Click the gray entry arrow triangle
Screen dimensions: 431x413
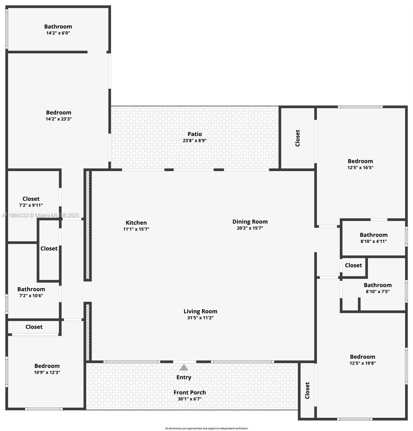point(184,368)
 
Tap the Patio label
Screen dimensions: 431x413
point(195,134)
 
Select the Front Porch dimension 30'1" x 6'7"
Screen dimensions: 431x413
point(190,399)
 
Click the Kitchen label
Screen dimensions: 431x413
point(136,223)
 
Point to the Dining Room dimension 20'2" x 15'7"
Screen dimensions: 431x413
point(250,228)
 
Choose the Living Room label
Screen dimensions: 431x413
point(200,311)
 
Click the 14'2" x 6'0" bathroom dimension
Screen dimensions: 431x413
point(58,33)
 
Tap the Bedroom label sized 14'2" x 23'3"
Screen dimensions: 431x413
point(59,112)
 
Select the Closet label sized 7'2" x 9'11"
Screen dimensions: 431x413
point(31,199)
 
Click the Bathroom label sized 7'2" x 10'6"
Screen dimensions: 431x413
point(31,289)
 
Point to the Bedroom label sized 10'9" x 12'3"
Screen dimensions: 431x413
point(47,366)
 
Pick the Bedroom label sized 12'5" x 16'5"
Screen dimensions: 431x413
point(360,161)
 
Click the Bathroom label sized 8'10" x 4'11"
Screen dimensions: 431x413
point(374,235)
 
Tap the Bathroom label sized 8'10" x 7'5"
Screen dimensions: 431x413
point(378,285)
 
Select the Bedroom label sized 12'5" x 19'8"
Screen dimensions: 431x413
point(363,357)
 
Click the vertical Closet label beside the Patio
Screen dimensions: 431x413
point(298,138)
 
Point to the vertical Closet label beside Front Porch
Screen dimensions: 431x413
point(307,390)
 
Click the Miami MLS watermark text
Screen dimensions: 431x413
point(41,215)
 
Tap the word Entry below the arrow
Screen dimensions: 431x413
point(184,377)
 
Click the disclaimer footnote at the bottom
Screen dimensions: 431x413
point(206,428)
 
